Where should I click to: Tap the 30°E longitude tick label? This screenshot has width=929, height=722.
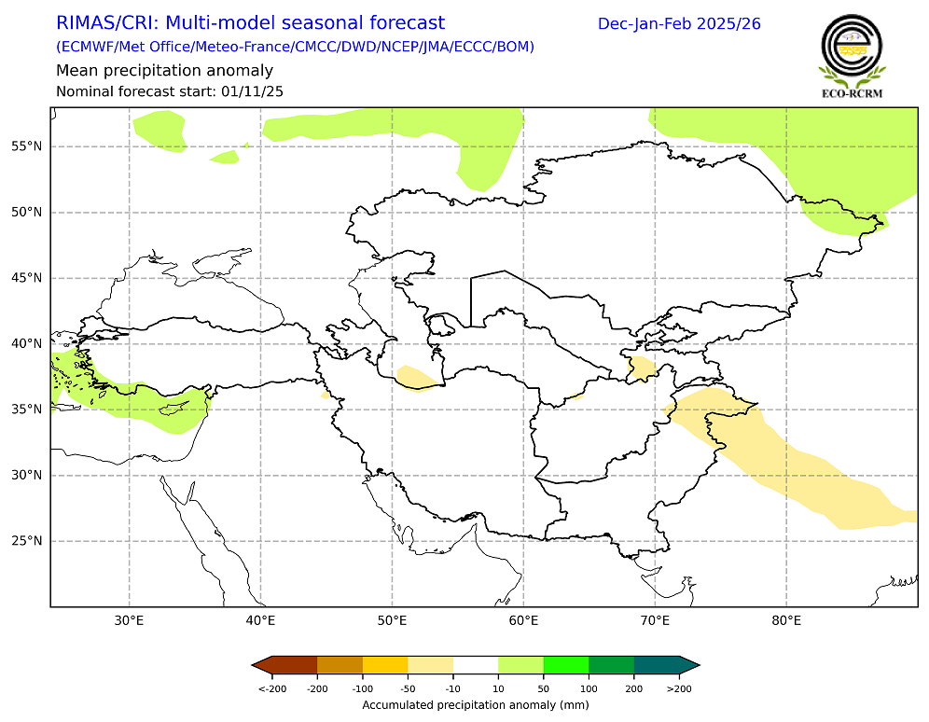(129, 620)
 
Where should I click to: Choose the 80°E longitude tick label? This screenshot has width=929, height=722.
(786, 620)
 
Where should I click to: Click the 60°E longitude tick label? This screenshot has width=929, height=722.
(523, 620)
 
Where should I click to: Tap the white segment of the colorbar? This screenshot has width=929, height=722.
(476, 664)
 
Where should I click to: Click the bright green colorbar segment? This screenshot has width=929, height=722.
(566, 664)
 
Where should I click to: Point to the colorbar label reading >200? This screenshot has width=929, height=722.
(680, 688)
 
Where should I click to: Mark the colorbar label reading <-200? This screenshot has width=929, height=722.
(271, 688)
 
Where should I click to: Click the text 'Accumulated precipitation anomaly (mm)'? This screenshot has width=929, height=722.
(476, 704)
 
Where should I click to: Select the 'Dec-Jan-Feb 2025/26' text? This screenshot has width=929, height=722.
(679, 23)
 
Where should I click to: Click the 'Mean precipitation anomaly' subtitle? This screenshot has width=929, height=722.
(164, 71)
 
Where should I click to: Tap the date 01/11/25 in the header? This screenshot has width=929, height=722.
(252, 91)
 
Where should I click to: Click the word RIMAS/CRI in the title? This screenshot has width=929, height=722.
(105, 23)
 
